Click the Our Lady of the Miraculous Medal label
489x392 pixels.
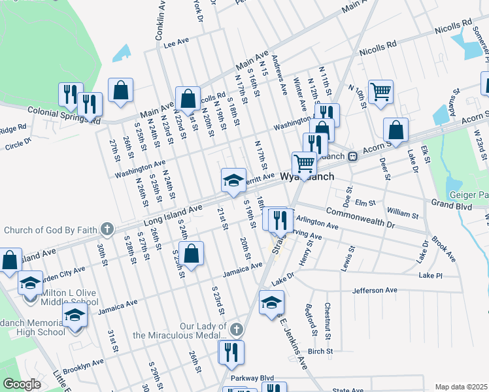pyautogui.click(x=181, y=331)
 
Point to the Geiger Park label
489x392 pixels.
pyautogui.click(x=467, y=195)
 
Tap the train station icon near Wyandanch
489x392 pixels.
pyautogui.click(x=352, y=156)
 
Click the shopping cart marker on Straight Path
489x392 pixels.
pyautogui.click(x=303, y=163)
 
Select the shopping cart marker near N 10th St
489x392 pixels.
pyautogui.click(x=380, y=91)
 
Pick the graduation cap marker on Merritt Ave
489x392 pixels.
pyautogui.click(x=232, y=180)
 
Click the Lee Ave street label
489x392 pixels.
pyautogui.click(x=176, y=41)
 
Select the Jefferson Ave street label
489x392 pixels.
pyautogui.click(x=375, y=290)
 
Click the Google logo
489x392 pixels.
pyautogui.click(x=22, y=384)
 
